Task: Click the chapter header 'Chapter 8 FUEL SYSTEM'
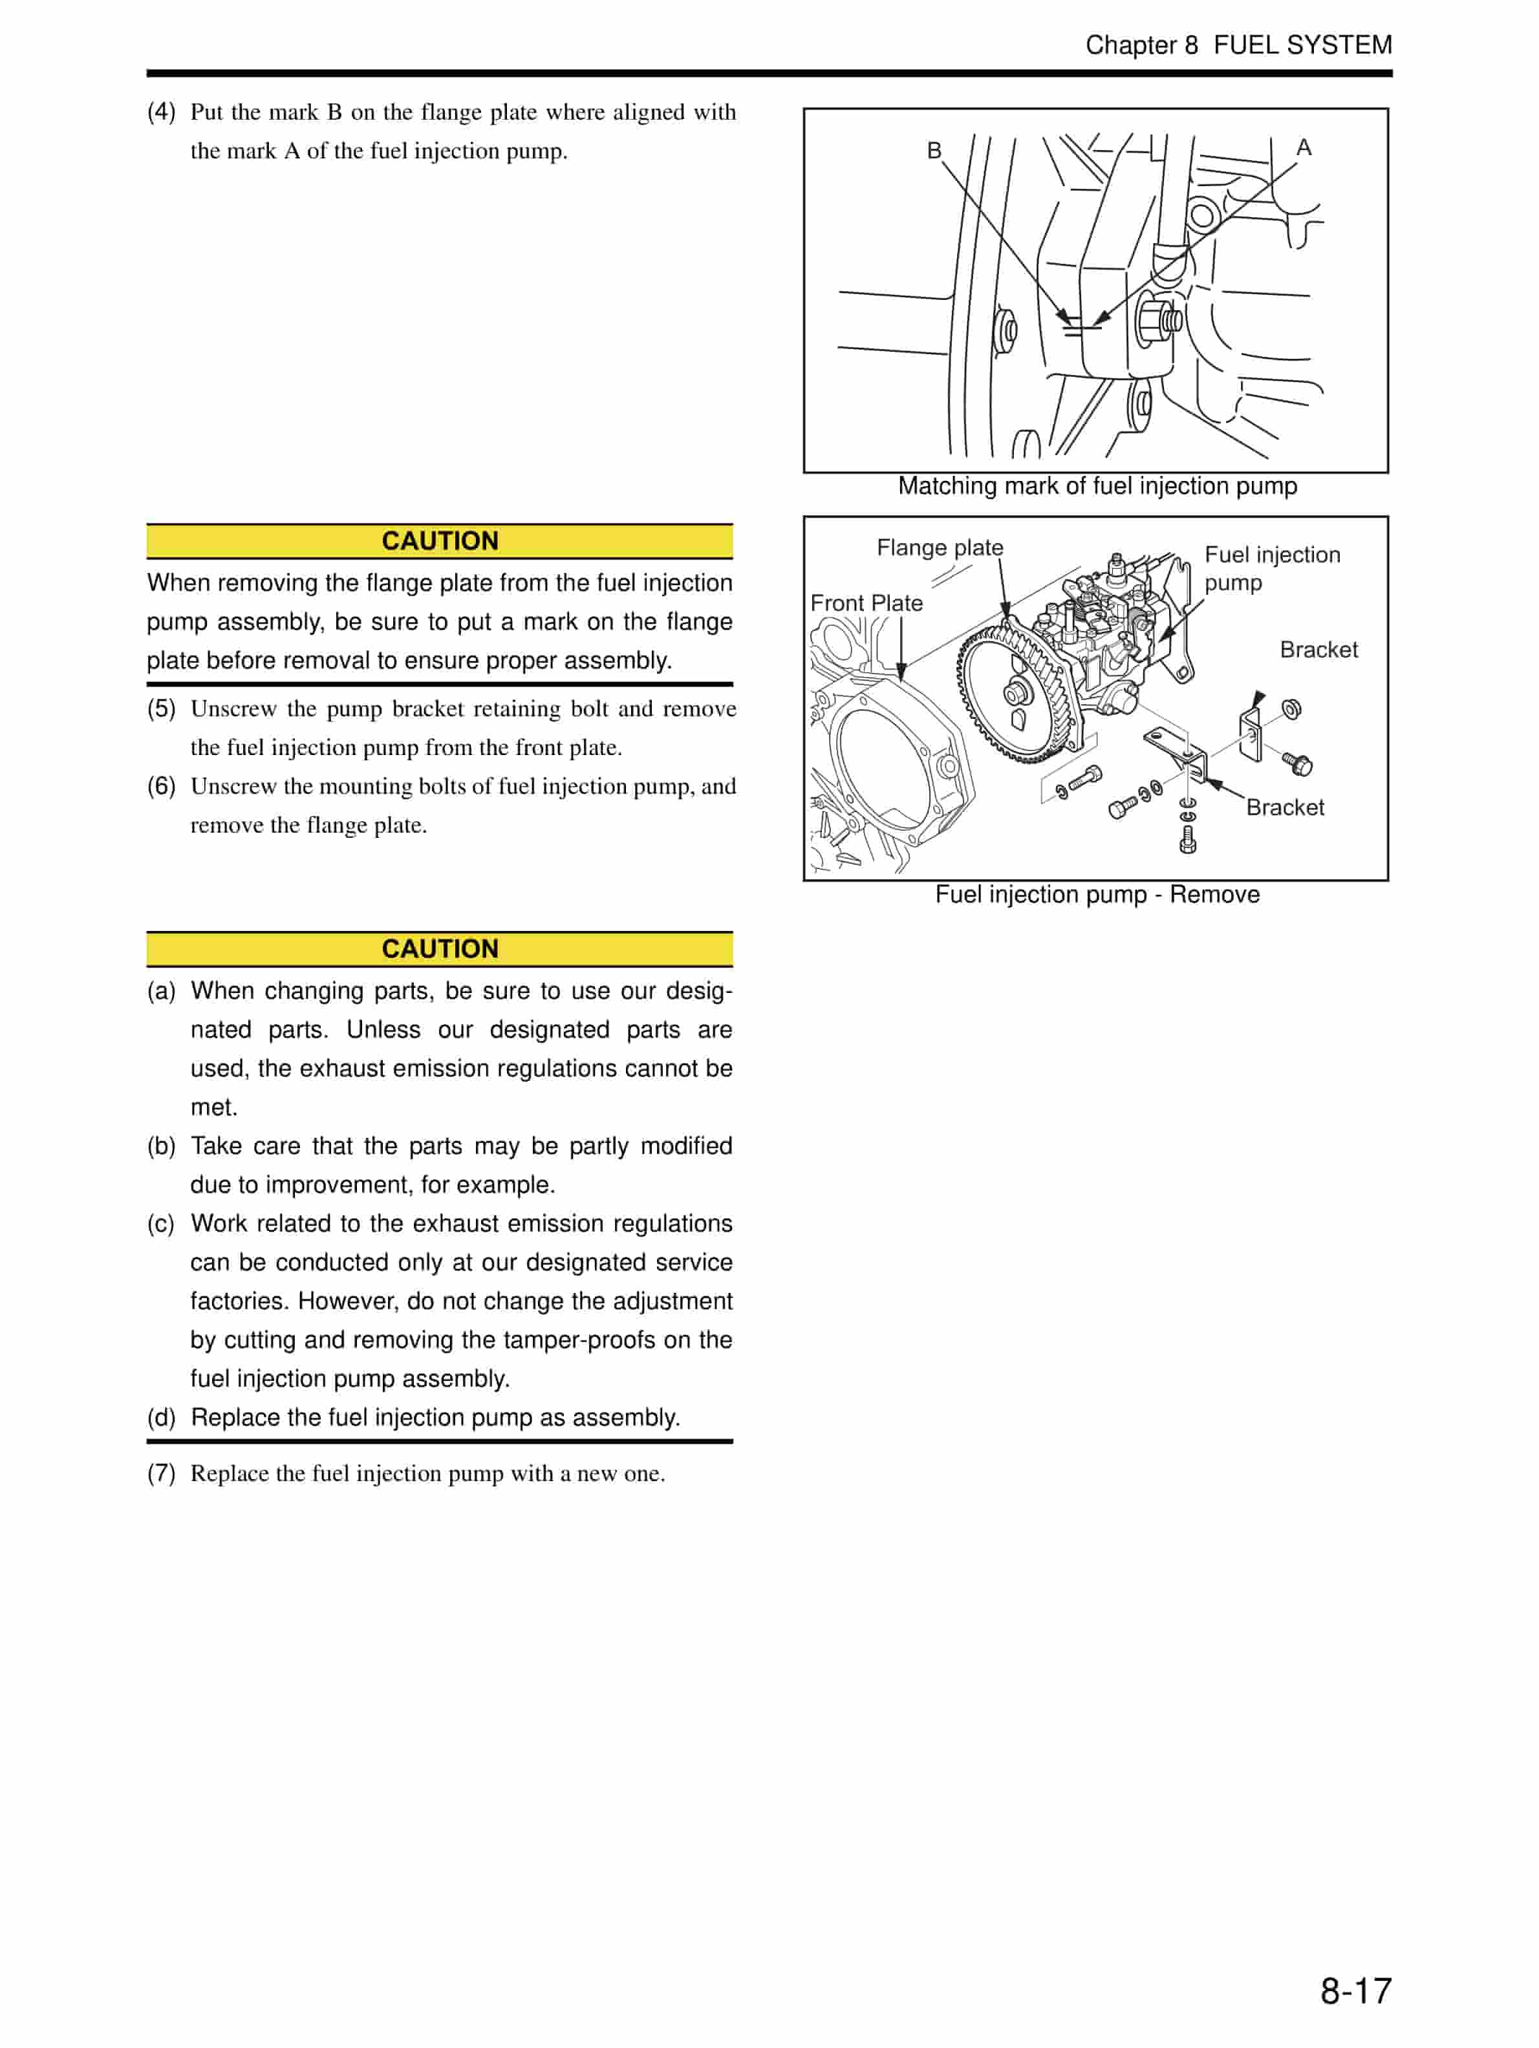tap(1238, 45)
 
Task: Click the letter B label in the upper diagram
tap(933, 150)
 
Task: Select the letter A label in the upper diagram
tap(1303, 147)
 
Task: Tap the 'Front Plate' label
tap(866, 603)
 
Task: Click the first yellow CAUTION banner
tap(440, 540)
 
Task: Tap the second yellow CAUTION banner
tap(440, 949)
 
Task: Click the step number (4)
tap(161, 112)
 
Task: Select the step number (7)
tap(161, 1473)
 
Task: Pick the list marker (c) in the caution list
tap(161, 1224)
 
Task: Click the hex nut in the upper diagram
tap(1153, 321)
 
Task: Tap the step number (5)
tap(161, 709)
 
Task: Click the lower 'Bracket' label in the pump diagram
tap(1284, 807)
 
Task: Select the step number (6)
tap(161, 786)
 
